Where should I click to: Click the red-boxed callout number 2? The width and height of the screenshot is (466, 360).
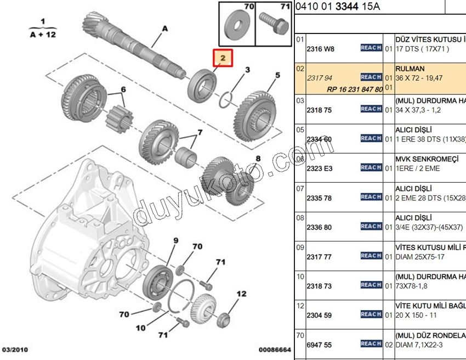[x=223, y=58]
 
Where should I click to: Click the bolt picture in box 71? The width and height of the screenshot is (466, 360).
[x=274, y=25]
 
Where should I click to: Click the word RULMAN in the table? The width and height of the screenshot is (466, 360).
[x=410, y=69]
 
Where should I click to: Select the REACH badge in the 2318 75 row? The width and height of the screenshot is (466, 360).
[x=371, y=109]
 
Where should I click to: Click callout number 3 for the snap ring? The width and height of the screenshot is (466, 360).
[x=247, y=70]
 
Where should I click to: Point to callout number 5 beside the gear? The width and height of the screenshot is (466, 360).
[x=277, y=75]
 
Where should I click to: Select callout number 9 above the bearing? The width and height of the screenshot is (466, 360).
[x=176, y=241]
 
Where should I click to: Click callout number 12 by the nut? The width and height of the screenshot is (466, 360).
[x=242, y=294]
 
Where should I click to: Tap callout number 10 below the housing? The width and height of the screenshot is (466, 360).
[x=141, y=328]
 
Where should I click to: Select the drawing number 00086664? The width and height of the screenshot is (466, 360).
[x=274, y=350]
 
